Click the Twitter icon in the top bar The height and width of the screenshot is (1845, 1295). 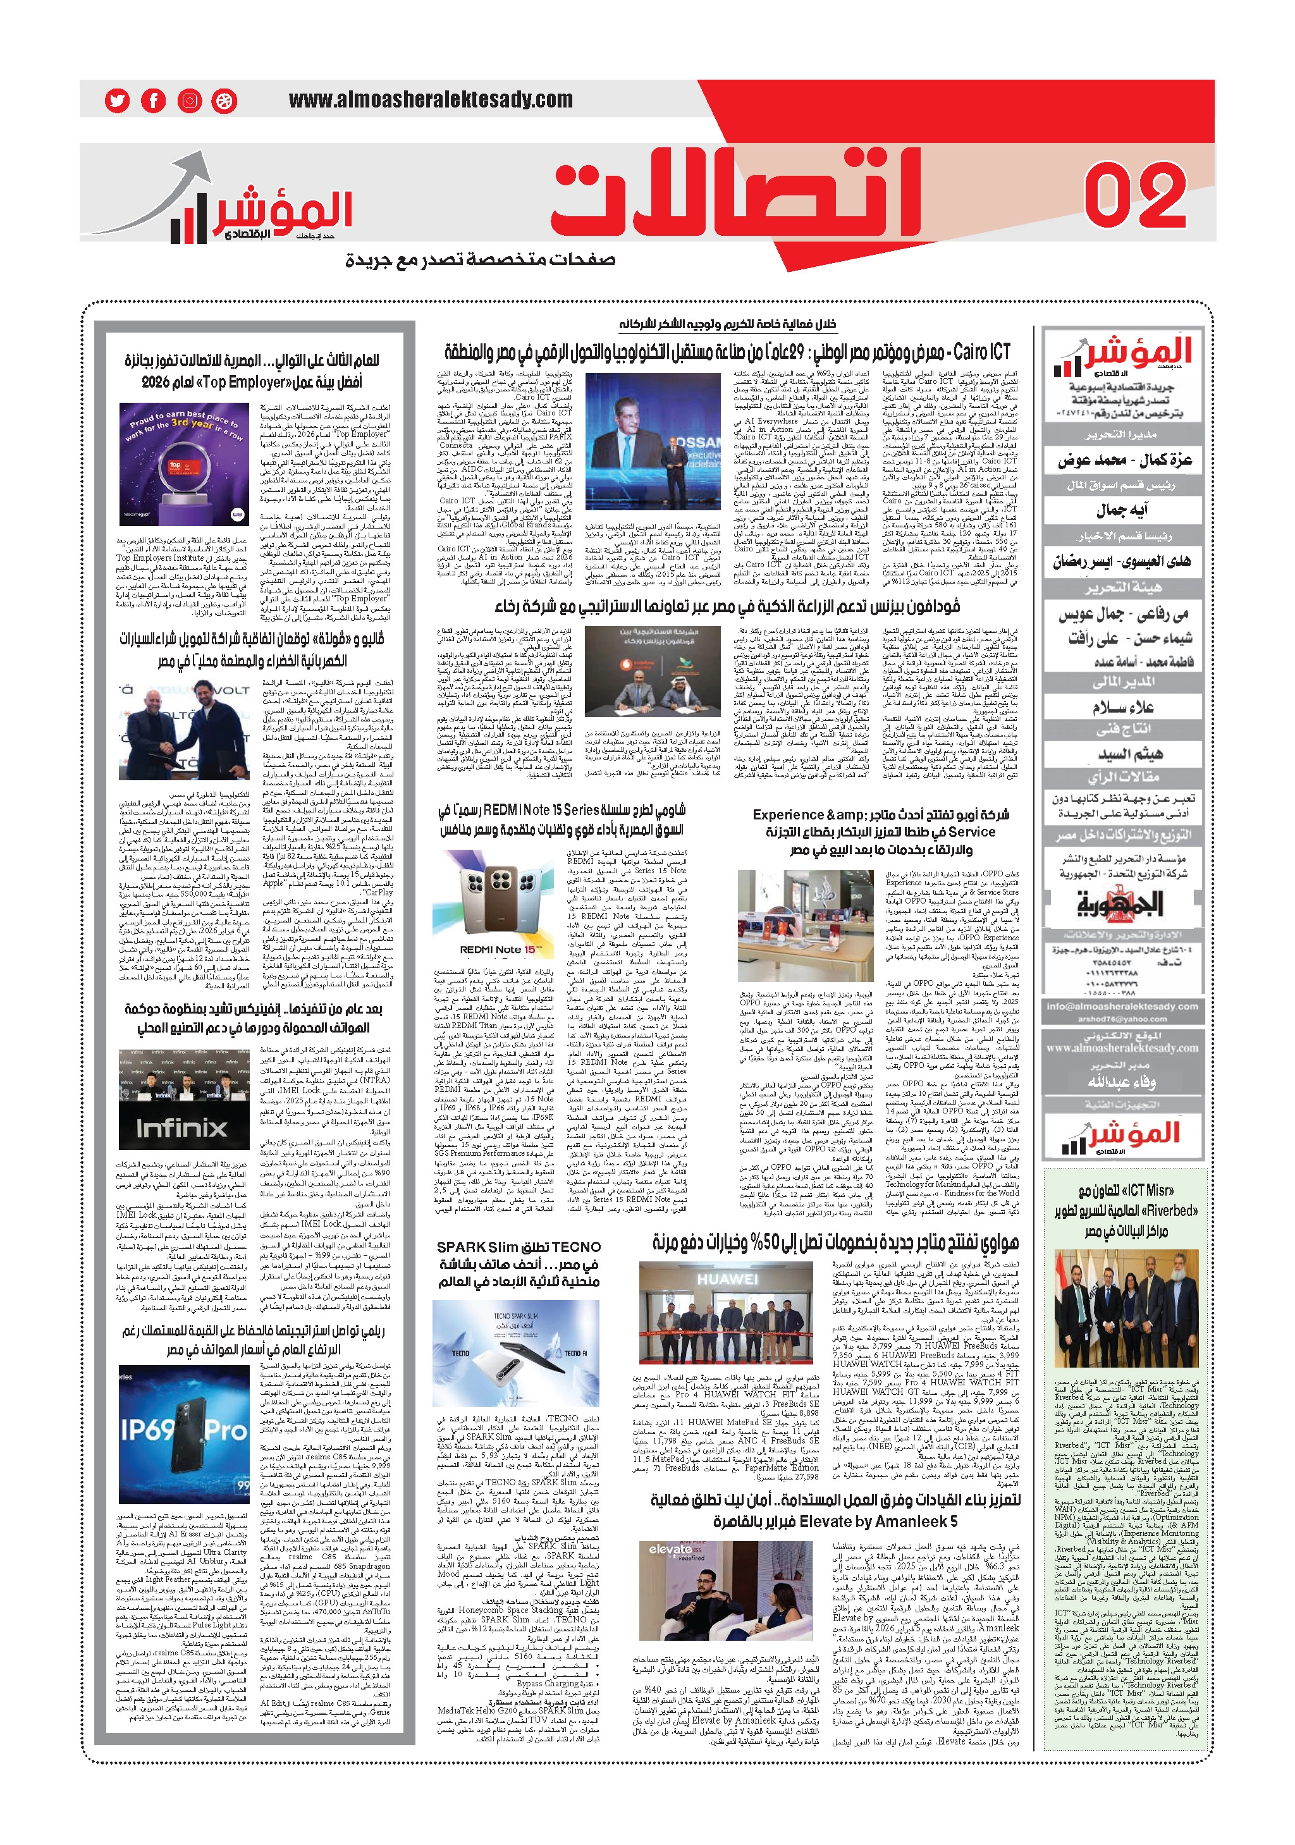coord(118,101)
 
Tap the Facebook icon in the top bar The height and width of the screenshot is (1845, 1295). coord(153,101)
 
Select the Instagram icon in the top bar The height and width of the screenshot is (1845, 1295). coord(189,101)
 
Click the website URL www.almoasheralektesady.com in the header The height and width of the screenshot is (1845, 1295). coord(431,100)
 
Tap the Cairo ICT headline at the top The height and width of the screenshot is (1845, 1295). coord(727,351)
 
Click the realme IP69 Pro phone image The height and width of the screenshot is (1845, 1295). coord(184,1435)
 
